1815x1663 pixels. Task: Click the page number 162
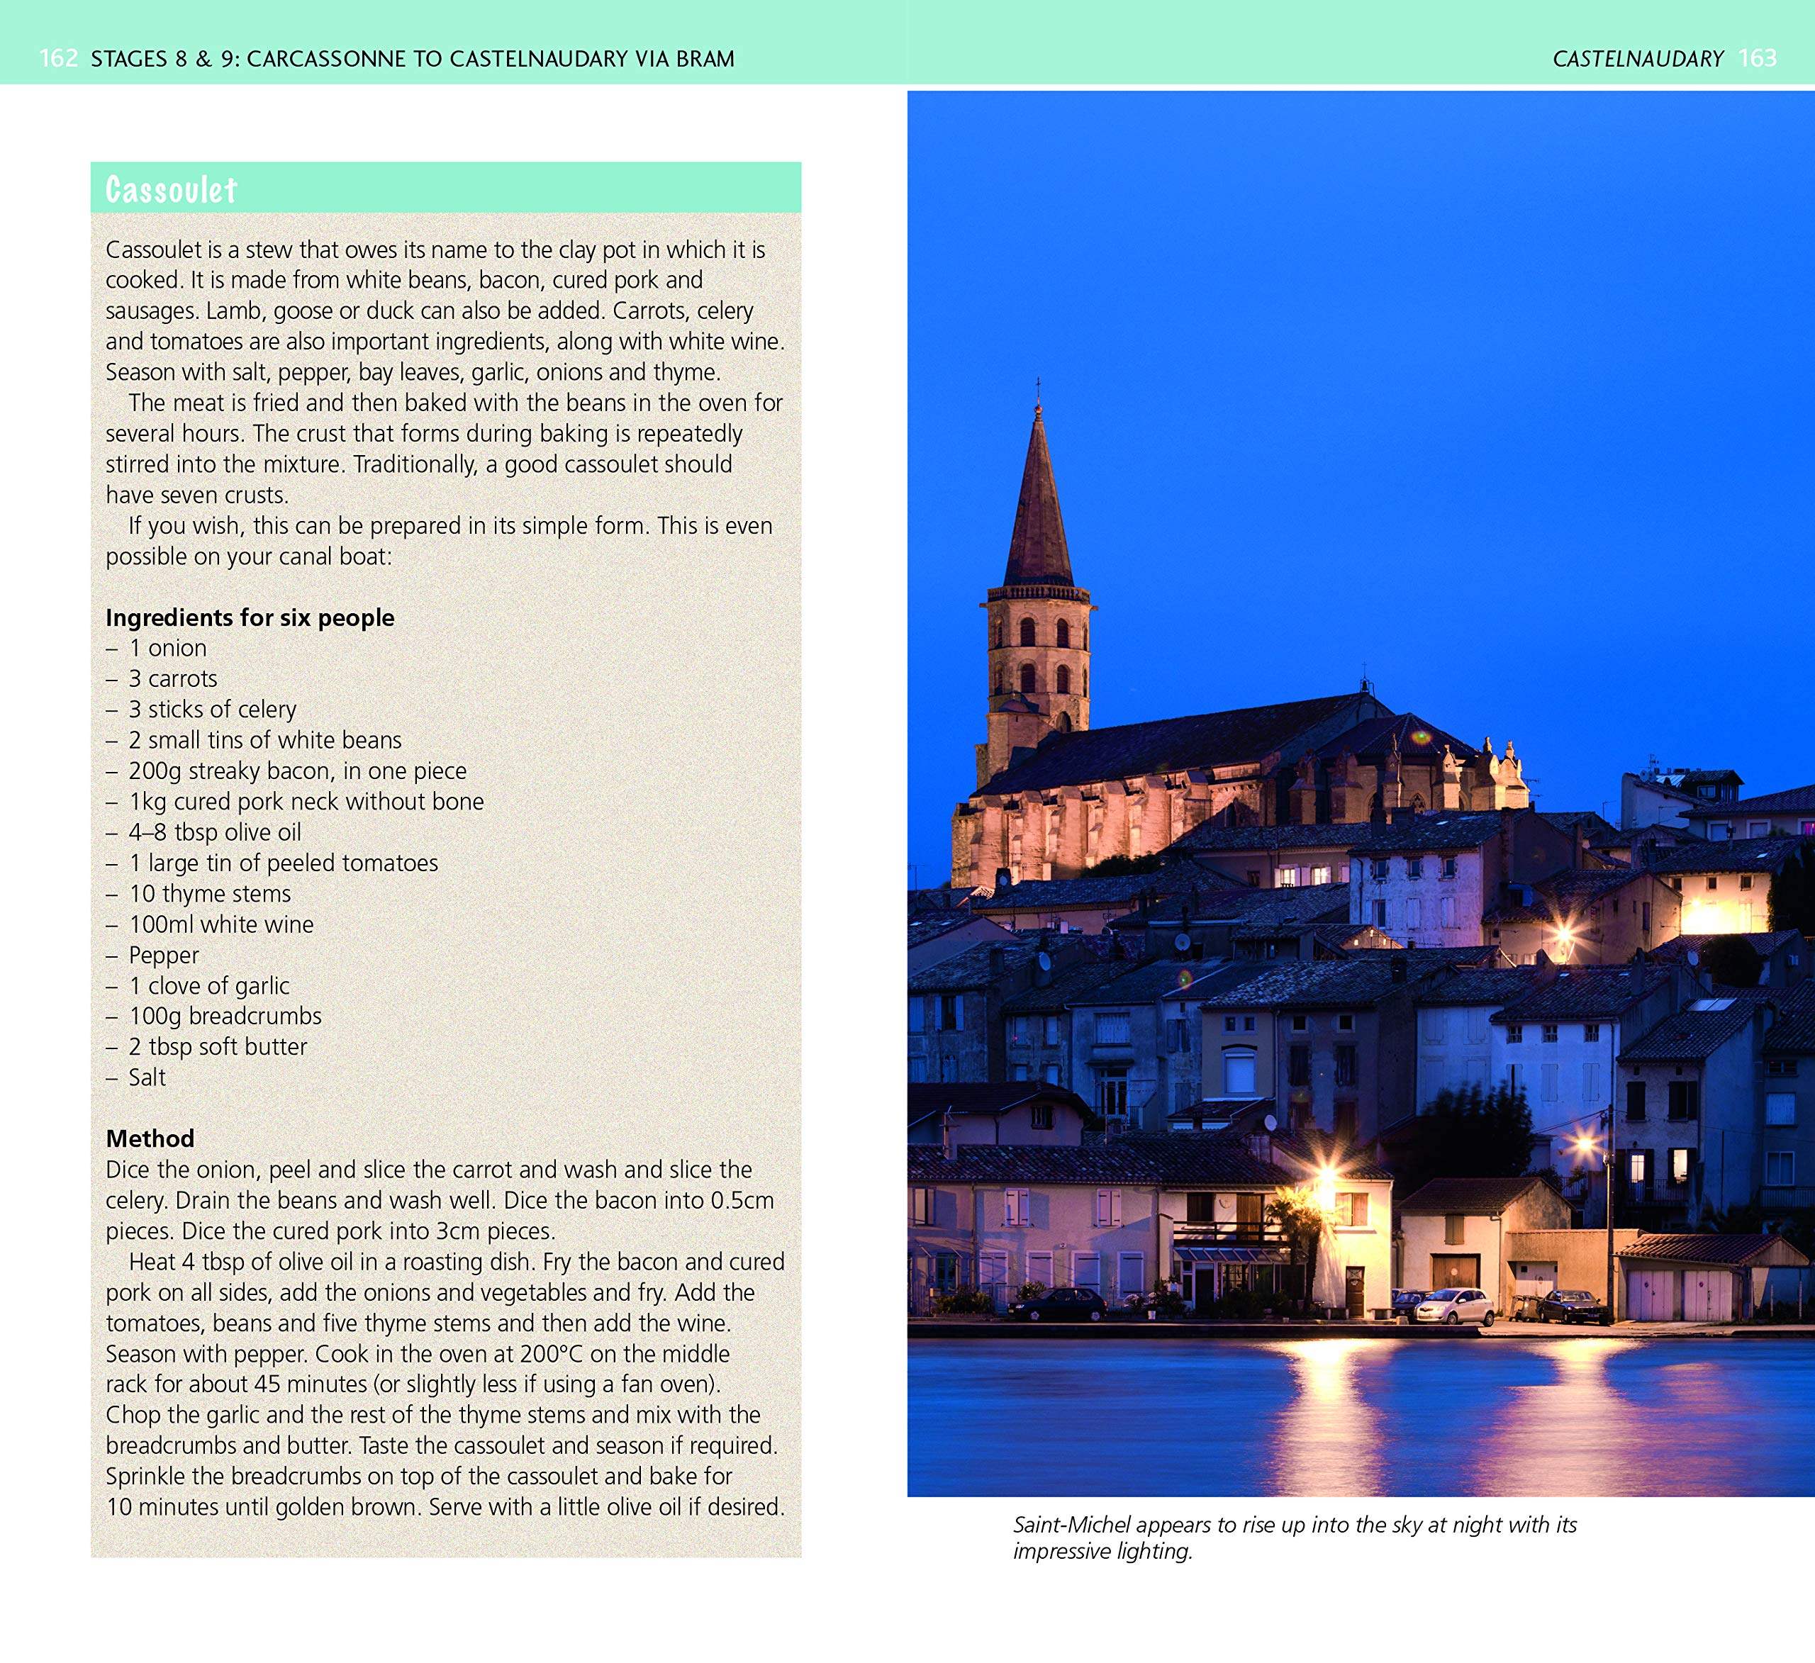click(59, 60)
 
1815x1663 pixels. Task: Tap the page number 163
click(1758, 60)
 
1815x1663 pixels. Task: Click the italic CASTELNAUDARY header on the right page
click(1638, 60)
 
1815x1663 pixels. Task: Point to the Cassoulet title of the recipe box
click(171, 190)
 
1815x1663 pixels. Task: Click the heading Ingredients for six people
click(250, 617)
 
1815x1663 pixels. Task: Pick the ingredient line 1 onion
click(167, 649)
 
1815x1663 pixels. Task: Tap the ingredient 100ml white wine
click(220, 924)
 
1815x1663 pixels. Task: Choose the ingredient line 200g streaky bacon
click(297, 771)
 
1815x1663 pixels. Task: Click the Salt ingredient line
click(147, 1077)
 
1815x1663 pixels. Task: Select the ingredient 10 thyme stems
click(209, 894)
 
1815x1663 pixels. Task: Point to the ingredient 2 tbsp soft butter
click(217, 1047)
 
